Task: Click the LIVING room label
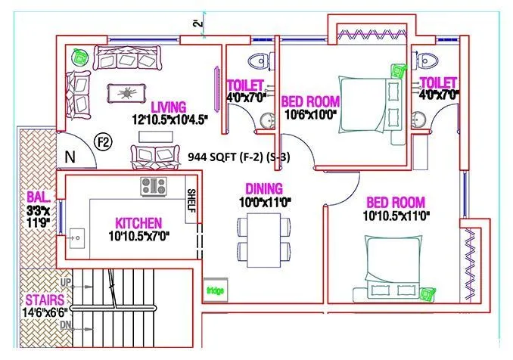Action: (168, 107)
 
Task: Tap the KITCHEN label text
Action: (138, 223)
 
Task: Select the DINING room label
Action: (263, 188)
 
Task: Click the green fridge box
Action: (216, 288)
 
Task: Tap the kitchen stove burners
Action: (154, 185)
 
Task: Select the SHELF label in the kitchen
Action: (191, 200)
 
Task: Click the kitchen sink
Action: (76, 238)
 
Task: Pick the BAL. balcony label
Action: (39, 196)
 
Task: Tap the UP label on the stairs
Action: (66, 282)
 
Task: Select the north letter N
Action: (70, 157)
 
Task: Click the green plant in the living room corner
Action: (77, 55)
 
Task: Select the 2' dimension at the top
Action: (199, 23)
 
